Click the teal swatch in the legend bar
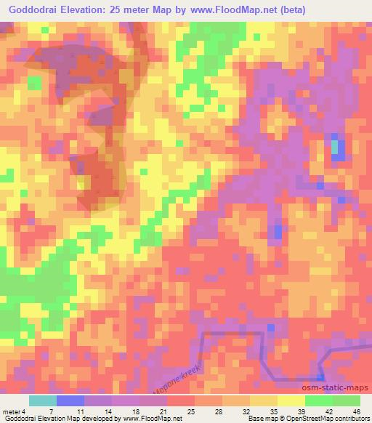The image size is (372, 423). point(43,400)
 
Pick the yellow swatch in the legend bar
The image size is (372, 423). point(291,400)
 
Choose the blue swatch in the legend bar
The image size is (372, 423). point(70,400)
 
